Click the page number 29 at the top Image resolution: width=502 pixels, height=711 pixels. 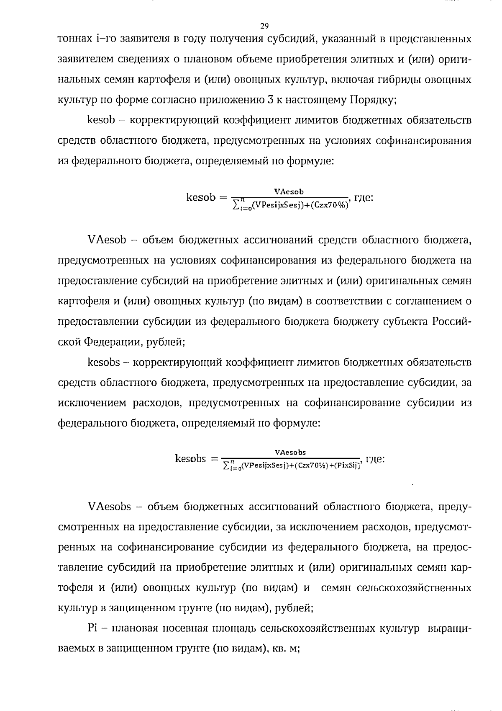coord(264,27)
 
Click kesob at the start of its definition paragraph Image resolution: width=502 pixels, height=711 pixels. coord(101,120)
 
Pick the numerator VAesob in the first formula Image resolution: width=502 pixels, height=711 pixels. coord(289,192)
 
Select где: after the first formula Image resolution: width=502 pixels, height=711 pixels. coord(363,198)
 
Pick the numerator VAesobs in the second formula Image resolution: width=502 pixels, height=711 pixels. coord(290,452)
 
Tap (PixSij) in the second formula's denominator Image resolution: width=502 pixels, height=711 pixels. coord(346,465)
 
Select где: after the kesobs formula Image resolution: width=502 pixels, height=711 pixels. coord(375,459)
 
